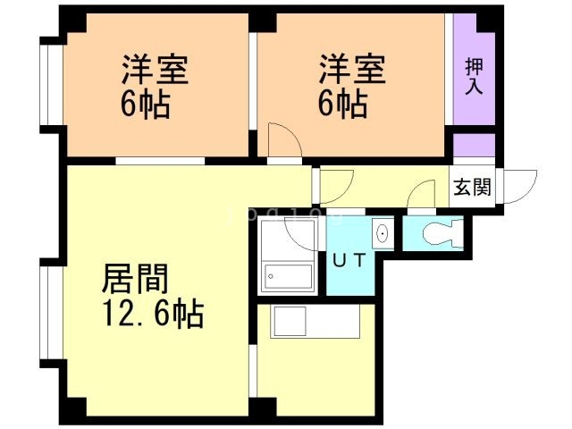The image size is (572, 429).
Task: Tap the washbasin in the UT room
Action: coord(383,235)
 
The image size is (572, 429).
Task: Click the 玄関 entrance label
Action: coord(470,188)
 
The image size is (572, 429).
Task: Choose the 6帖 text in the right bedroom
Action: coord(342,105)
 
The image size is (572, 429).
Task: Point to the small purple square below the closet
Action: coord(473,145)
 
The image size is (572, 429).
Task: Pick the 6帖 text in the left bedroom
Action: coord(146,105)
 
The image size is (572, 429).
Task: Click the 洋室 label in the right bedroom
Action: coord(352,70)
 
